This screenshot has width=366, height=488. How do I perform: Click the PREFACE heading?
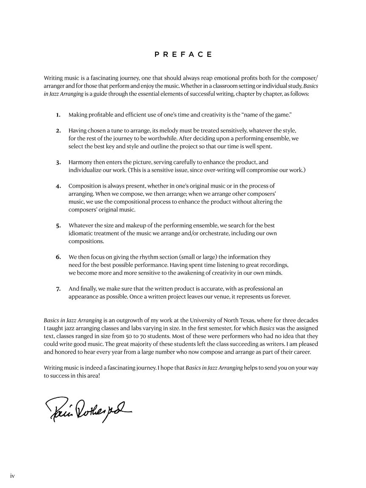(x=183, y=54)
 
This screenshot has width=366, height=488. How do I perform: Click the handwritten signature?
(x=88, y=409)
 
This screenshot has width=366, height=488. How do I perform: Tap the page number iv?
(x=13, y=476)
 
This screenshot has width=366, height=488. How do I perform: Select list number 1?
(x=58, y=115)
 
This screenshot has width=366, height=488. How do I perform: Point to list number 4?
(x=58, y=186)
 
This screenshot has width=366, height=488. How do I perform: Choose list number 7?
(x=58, y=289)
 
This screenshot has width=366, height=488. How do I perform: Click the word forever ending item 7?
(x=281, y=297)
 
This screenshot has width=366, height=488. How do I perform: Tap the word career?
(x=302, y=352)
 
